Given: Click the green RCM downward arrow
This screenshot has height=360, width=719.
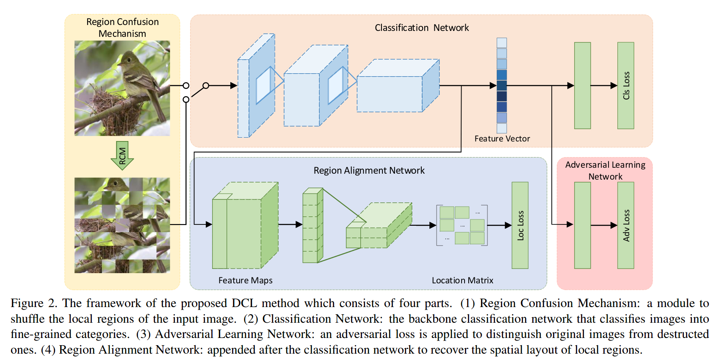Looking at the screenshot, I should click(122, 155).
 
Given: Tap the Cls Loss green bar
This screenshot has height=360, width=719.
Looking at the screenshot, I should click(625, 86).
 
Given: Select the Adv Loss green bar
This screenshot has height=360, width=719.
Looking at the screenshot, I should click(625, 225).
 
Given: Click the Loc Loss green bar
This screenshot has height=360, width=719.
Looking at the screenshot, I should click(520, 225).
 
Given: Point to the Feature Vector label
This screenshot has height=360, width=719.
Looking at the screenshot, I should click(502, 138).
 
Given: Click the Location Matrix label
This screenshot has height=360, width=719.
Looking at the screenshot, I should click(462, 280).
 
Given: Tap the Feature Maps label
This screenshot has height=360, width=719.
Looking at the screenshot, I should click(245, 280).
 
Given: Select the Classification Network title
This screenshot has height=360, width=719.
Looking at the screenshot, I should click(422, 28).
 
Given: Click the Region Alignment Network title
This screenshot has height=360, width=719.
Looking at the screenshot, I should click(369, 170).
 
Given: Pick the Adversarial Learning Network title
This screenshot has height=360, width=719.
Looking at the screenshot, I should click(605, 170).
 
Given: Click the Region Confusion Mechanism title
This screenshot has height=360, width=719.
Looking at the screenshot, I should click(122, 28).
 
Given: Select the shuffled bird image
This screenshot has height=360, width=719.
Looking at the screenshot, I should click(122, 225).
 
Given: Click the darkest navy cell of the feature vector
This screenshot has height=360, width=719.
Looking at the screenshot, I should click(502, 96).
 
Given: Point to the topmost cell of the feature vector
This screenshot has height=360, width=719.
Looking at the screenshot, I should click(502, 43).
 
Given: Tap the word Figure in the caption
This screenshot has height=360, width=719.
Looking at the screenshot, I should click(27, 303).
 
